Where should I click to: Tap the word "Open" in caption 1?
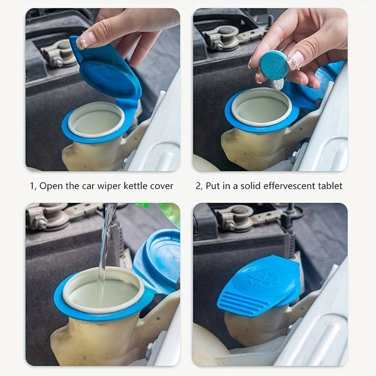51,186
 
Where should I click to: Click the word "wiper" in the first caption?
109,186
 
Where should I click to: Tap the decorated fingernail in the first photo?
83,44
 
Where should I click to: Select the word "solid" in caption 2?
246,186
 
